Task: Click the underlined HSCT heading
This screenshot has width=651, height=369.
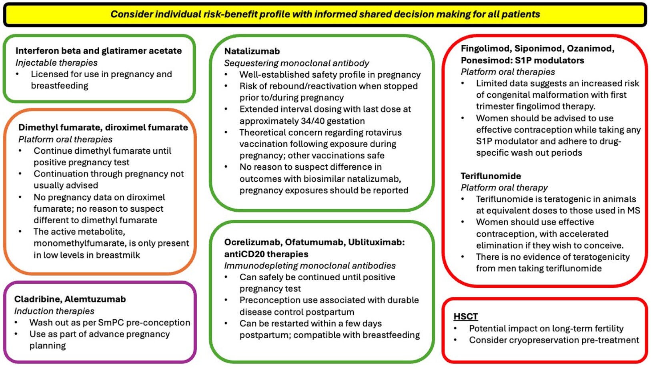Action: pyautogui.click(x=466, y=316)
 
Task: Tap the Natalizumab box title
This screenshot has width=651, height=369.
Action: pyautogui.click(x=252, y=51)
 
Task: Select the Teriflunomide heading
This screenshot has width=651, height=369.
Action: pyautogui.click(x=491, y=176)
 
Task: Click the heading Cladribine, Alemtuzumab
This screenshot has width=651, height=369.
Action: pyautogui.click(x=70, y=299)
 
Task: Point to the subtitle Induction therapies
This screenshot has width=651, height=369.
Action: pyautogui.click(x=54, y=311)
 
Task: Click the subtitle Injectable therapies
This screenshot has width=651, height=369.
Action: pyautogui.click(x=56, y=62)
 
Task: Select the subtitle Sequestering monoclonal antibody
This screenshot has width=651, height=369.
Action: pyautogui.click(x=296, y=63)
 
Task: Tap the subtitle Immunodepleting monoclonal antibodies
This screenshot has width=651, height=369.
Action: pyautogui.click(x=310, y=265)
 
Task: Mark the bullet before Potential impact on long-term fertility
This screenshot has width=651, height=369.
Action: pyautogui.click(x=456, y=329)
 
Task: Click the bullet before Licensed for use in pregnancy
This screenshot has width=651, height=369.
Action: pyautogui.click(x=18, y=74)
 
